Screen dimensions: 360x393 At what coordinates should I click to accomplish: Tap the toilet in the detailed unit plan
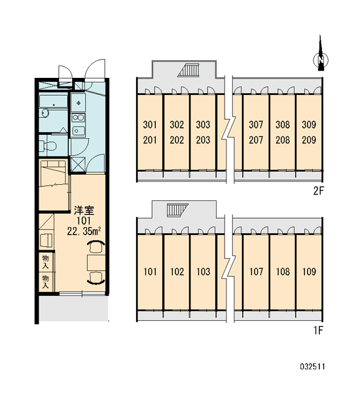(46, 145)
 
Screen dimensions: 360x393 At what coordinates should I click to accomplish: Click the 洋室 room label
(84, 211)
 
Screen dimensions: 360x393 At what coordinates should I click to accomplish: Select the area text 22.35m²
(84, 231)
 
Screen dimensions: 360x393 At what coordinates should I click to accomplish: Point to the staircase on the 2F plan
(189, 70)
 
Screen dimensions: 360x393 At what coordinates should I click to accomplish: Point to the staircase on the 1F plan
(177, 210)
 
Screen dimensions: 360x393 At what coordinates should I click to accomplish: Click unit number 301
(150, 124)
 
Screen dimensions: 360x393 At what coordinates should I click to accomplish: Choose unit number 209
(309, 140)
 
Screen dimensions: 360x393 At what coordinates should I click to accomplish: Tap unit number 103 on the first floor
(203, 271)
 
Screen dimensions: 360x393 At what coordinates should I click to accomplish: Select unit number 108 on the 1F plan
(283, 271)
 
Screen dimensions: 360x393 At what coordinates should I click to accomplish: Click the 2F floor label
(318, 191)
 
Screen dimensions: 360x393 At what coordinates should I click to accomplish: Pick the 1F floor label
(318, 331)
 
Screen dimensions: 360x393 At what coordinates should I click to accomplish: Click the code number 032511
(312, 367)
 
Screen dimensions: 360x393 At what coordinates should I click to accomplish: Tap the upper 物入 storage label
(45, 262)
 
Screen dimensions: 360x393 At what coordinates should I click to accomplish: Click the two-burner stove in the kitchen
(78, 117)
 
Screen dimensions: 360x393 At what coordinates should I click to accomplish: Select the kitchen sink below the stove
(78, 130)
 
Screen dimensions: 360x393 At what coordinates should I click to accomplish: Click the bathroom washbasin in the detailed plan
(45, 113)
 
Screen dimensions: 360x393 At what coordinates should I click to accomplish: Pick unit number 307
(256, 124)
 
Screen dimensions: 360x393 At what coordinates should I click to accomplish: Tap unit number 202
(177, 140)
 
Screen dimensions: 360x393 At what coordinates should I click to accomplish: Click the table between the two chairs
(96, 263)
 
